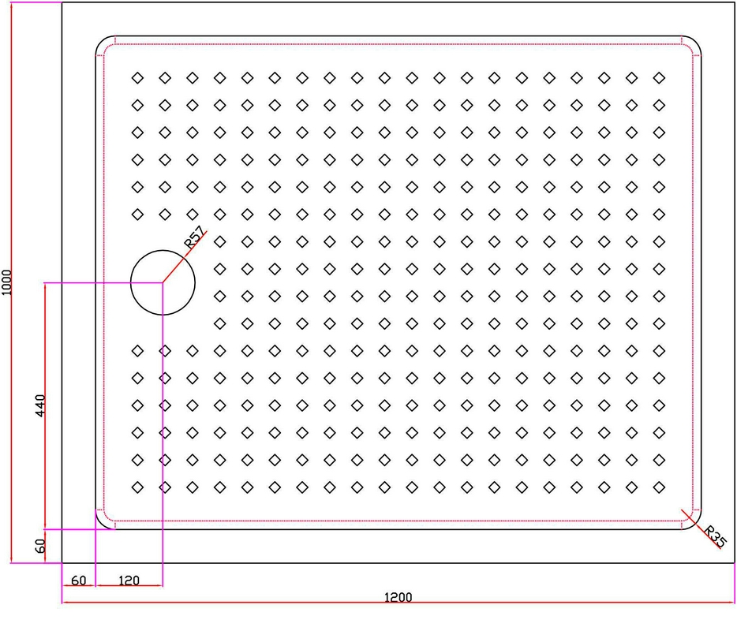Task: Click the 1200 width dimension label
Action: coord(398,597)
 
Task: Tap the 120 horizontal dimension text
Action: coord(129,581)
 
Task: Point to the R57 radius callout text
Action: coord(194,237)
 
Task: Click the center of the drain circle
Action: coord(163,282)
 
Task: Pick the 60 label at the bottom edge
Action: coord(78,581)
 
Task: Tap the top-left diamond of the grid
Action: coord(137,77)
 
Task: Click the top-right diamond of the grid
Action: coord(659,77)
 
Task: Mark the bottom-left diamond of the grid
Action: coord(137,487)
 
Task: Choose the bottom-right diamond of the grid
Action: coord(659,487)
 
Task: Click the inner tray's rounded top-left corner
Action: coord(101,41)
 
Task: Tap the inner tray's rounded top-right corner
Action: coord(697,41)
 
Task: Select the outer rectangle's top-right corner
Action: coord(734,2)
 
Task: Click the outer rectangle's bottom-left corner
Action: coord(62,563)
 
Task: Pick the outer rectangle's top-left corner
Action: coord(62,2)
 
